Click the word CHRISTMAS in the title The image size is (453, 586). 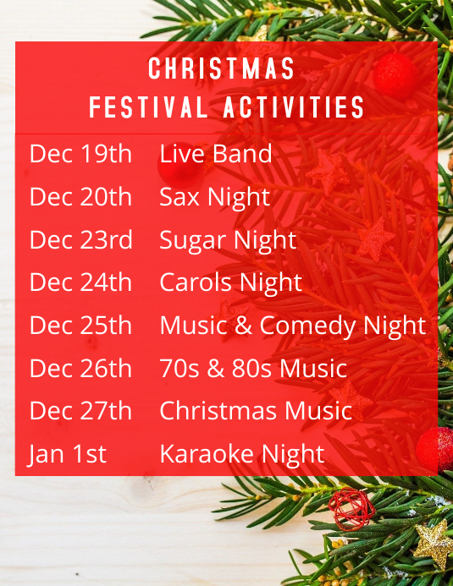coord(222,69)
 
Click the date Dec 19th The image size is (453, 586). coord(80,154)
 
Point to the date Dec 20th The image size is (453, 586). coord(80,197)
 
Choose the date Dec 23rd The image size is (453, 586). coord(80,240)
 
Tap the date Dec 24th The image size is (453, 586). coord(80,282)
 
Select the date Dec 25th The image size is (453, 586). coord(80,326)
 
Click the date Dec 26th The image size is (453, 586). coord(80,369)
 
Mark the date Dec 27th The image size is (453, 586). coord(80,411)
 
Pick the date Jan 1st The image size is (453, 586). coord(68,454)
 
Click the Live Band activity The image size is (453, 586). coord(215,154)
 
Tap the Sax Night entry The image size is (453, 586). coord(214,197)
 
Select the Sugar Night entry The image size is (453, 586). coord(228,240)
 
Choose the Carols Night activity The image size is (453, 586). coord(230,282)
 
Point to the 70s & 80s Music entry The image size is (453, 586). coord(253,369)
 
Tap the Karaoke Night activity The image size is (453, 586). coord(241,454)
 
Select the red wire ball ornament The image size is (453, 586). coord(351,508)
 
